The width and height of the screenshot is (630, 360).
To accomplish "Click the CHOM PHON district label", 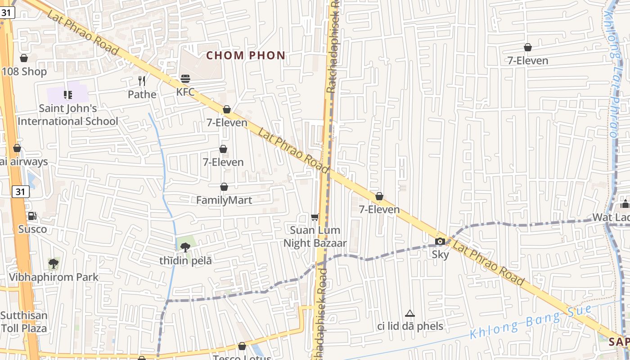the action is tap(246, 56).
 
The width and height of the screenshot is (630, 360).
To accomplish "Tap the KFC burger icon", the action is tap(185, 79).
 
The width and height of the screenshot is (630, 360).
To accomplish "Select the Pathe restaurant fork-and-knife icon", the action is tap(142, 81).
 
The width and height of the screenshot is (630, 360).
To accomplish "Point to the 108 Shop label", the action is tap(24, 72).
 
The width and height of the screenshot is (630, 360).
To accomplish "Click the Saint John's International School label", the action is tap(68, 115).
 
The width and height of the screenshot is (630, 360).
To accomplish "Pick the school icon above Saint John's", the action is tap(68, 94).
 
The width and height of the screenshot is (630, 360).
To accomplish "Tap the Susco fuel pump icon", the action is tap(32, 216).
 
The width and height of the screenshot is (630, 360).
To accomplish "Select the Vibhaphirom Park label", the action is tap(54, 277).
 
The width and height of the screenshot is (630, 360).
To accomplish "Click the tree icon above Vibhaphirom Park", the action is tap(54, 263).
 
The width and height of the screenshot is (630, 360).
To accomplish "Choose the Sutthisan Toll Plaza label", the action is tap(24, 322).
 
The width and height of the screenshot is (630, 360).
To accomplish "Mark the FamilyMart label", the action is tap(224, 200).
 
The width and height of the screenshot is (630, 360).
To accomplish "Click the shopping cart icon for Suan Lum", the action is tap(315, 217).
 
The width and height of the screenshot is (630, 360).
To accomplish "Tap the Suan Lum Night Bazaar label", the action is tap(315, 237).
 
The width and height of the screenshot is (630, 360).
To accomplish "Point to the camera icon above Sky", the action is tap(440, 242).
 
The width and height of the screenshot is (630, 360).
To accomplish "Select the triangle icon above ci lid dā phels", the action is tap(409, 313).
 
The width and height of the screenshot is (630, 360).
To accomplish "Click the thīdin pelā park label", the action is tap(185, 261).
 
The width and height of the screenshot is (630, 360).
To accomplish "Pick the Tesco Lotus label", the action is tap(242, 357).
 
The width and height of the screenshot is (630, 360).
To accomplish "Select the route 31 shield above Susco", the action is tap(20, 192).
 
